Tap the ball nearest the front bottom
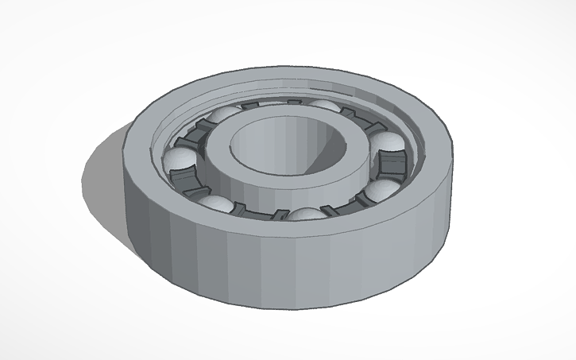(x=306, y=215)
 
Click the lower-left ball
(x=216, y=204)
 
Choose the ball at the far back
(x=323, y=106)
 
